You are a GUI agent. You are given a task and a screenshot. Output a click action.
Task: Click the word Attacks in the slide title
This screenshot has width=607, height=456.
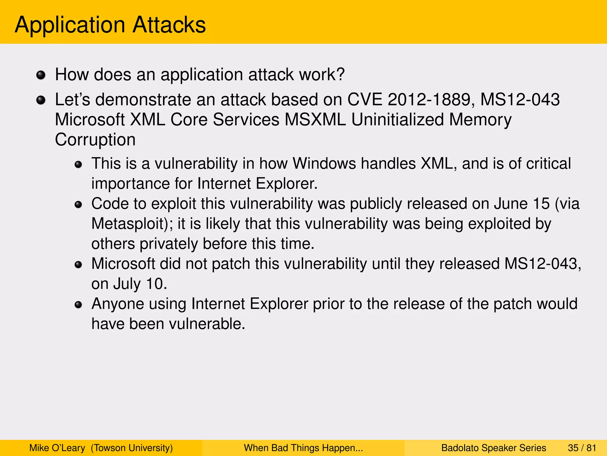169,25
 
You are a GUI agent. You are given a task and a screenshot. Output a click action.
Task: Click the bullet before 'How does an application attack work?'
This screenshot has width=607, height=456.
41,75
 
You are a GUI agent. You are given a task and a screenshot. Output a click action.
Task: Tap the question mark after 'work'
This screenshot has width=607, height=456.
341,74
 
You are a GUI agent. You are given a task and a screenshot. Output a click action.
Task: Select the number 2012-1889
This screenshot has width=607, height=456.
429,99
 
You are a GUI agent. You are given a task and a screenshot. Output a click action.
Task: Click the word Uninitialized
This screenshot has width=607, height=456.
397,120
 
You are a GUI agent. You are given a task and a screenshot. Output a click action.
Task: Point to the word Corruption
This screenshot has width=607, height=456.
95,140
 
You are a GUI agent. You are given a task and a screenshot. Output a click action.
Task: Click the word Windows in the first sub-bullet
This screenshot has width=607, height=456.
324,164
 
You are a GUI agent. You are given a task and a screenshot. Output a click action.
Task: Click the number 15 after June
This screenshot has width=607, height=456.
541,204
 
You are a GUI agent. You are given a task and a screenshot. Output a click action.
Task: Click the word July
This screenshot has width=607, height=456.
127,284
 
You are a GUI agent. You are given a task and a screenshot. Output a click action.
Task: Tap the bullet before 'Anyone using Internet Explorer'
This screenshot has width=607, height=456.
78,305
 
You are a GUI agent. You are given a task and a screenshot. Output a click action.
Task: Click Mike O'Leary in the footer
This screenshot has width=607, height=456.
57,448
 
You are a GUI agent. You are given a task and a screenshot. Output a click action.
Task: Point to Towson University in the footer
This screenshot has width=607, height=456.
132,448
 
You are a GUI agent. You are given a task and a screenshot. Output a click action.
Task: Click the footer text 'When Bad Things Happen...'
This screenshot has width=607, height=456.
303,448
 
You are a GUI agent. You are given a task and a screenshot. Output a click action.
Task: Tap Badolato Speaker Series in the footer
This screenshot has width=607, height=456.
493,448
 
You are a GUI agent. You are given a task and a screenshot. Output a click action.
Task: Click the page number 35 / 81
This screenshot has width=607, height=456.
582,448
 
